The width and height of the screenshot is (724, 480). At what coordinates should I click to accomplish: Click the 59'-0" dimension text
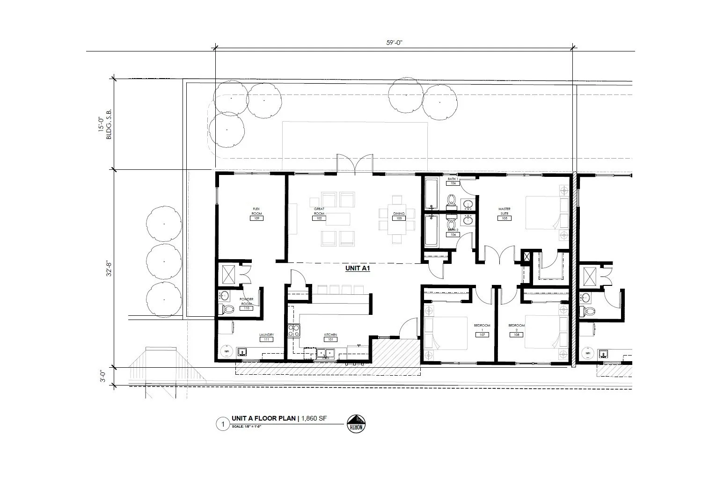[394, 43]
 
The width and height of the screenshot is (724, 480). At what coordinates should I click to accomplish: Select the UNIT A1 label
[358, 269]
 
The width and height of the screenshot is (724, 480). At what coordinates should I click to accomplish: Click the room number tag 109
[256, 218]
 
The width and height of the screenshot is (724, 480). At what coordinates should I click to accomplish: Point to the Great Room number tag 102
[320, 218]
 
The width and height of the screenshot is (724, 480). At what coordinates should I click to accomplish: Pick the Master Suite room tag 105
[504, 218]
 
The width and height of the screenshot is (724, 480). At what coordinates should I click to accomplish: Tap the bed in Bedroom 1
[446, 333]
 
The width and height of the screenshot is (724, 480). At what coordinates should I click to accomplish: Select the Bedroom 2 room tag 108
[516, 335]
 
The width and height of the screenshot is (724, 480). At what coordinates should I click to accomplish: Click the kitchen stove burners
[294, 331]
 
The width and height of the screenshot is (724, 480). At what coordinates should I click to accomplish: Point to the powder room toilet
[228, 309]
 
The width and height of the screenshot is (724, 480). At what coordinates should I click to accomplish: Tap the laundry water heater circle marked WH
[227, 351]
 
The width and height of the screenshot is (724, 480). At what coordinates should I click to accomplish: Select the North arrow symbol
[356, 423]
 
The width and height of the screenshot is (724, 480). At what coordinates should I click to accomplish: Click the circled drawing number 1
[223, 425]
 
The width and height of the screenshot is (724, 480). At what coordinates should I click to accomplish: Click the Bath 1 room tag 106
[453, 183]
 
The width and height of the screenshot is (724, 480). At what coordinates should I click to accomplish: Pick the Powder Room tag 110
[246, 308]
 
